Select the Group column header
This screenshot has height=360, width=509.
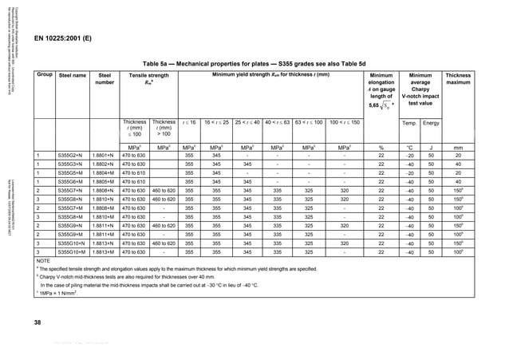[x=44, y=75]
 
